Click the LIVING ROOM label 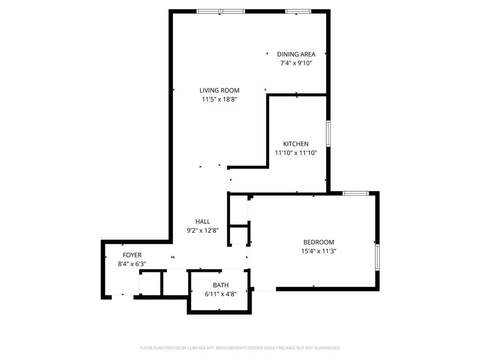[219, 90]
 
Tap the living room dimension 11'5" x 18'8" [219, 99]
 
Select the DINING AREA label [296, 54]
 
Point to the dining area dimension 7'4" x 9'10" [296, 63]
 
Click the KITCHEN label [296, 144]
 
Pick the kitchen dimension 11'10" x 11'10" [296, 153]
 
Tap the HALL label [202, 222]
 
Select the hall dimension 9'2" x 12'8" [202, 231]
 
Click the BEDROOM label [319, 242]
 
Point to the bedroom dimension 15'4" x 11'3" [319, 251]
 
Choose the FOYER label [132, 255]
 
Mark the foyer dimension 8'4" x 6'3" [132, 264]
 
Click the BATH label [221, 285]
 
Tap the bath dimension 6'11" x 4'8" [221, 294]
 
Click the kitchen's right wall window [329, 134]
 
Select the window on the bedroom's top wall [355, 193]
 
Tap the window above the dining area [298, 11]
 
